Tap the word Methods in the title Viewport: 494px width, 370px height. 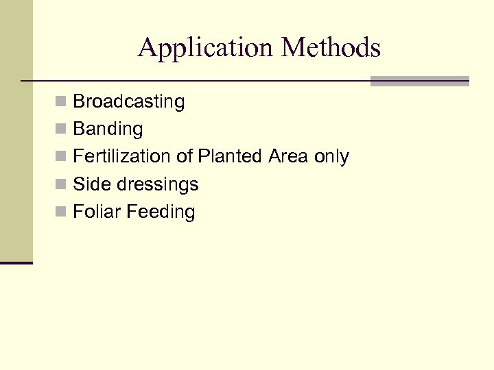pos(331,48)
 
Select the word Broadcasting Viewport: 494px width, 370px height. pos(129,101)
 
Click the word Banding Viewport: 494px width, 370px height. pos(108,129)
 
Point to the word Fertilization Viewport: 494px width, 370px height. pos(122,156)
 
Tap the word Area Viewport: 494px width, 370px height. pos(288,156)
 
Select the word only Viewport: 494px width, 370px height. pos(331,157)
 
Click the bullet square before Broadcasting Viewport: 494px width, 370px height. pos(61,102)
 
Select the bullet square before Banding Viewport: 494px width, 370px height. pos(61,129)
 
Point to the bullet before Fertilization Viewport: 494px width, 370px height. pos(61,157)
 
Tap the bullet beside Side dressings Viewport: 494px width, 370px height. pos(61,184)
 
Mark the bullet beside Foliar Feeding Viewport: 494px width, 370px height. pos(61,212)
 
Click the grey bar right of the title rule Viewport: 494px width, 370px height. pos(419,81)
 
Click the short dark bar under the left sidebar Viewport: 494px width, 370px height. pos(16,262)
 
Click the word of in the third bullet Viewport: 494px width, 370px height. pos(185,156)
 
